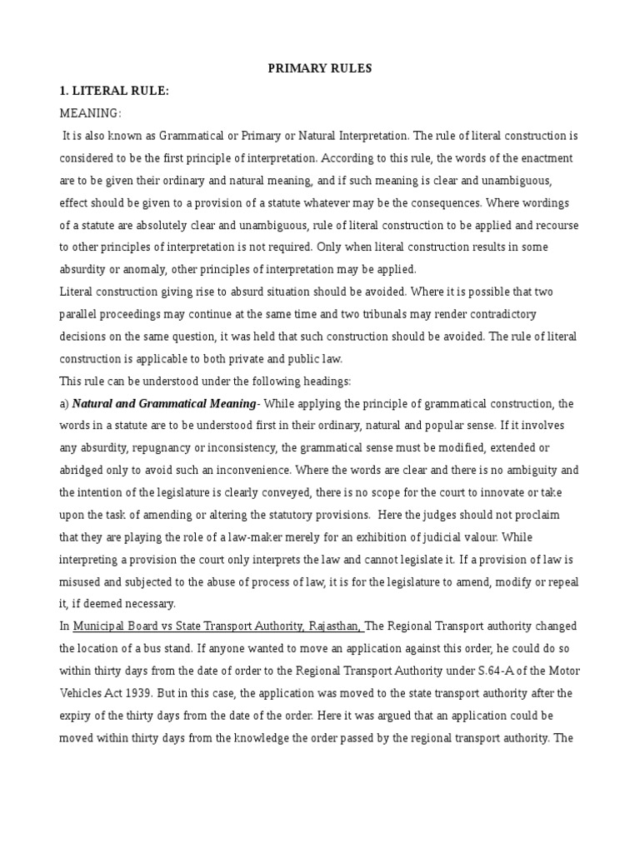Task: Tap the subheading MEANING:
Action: (x=91, y=112)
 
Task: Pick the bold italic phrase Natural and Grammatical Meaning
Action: (x=164, y=403)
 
